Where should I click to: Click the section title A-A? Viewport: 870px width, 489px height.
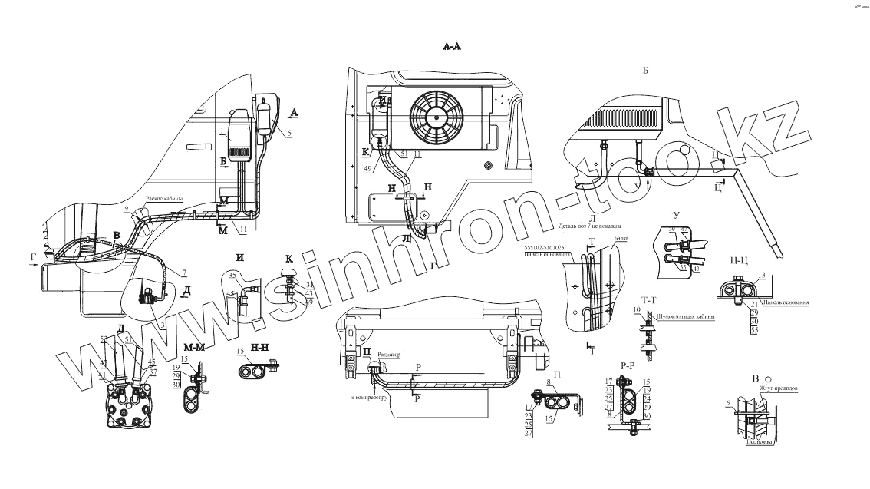tap(452, 47)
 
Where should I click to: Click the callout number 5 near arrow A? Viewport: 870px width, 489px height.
tap(289, 134)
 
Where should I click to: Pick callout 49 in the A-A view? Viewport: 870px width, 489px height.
tap(368, 168)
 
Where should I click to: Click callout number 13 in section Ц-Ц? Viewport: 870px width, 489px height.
tap(761, 274)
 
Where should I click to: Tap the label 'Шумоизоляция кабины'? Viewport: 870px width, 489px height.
tap(686, 316)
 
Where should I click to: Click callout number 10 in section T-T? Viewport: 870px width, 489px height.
tap(637, 309)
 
